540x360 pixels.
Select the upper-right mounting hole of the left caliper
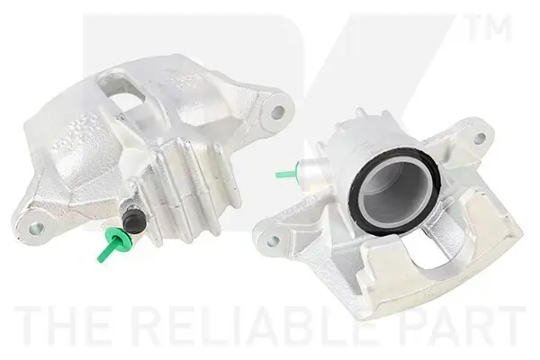point(278,112)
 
